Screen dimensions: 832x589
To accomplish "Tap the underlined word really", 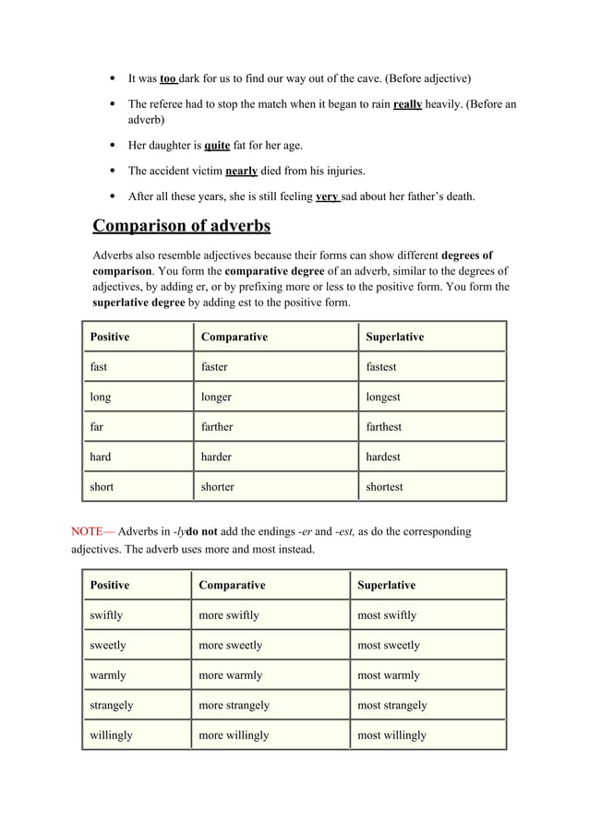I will coord(407,105).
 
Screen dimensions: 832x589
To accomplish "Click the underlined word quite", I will coord(218,146).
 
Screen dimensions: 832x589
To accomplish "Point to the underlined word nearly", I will coord(241,171).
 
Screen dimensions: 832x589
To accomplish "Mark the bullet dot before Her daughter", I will coord(112,146).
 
